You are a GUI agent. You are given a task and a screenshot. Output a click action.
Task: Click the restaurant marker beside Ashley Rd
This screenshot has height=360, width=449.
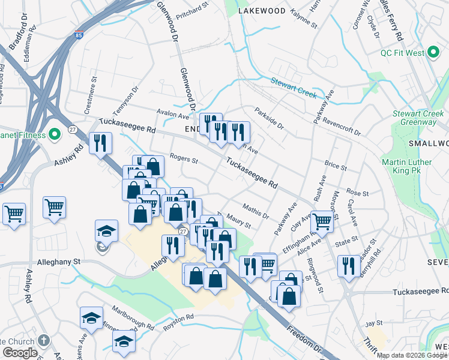(x=100, y=143)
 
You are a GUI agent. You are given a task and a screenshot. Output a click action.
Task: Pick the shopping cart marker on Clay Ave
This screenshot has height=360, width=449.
(x=322, y=221)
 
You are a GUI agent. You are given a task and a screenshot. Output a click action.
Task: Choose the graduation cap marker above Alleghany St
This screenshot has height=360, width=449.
(x=106, y=231)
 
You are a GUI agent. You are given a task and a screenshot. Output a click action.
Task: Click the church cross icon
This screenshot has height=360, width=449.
(x=43, y=340)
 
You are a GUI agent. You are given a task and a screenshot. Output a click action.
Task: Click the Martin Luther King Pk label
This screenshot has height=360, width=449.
(x=406, y=166)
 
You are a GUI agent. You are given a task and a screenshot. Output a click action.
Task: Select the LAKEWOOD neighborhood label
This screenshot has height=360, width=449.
(x=261, y=11)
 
